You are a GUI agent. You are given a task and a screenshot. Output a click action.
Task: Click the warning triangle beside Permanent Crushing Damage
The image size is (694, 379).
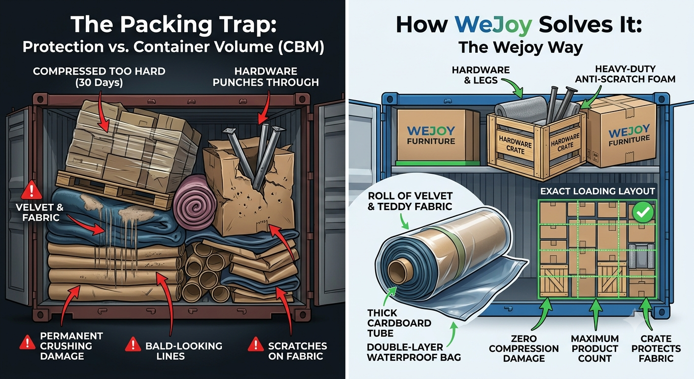coord(27,342)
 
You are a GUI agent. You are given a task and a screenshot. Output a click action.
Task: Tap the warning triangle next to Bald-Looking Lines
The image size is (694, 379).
coord(133,344)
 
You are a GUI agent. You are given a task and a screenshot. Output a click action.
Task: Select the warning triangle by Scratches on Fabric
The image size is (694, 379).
coord(256,344)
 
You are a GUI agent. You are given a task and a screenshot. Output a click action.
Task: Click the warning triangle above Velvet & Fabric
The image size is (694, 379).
coord(32,190)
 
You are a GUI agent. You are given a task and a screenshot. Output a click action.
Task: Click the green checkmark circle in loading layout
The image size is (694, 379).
coord(643,212)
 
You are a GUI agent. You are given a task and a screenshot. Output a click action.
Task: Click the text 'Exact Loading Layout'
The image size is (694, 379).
coord(597,191)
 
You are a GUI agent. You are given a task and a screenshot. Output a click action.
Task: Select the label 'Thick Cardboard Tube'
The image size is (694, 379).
coord(399,323)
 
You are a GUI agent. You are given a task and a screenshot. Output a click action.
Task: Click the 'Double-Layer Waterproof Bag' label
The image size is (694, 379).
coord(414,352)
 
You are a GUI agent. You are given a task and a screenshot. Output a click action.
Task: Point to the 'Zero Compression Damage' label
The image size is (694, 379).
coord(524,348)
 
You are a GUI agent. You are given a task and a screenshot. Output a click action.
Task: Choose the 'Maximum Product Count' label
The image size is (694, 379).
coord(595,348)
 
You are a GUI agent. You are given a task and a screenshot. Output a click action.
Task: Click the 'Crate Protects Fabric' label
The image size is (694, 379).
coord(656,348)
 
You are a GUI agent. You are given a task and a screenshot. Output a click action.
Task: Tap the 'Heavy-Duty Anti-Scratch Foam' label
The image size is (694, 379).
coord(625,74)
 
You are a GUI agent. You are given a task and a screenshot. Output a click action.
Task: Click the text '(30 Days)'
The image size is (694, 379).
coord(99,83)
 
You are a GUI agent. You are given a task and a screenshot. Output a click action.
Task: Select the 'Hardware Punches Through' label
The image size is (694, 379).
coord(266,77)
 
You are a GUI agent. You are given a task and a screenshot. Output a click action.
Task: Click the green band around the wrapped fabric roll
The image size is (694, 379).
coord(451,242)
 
